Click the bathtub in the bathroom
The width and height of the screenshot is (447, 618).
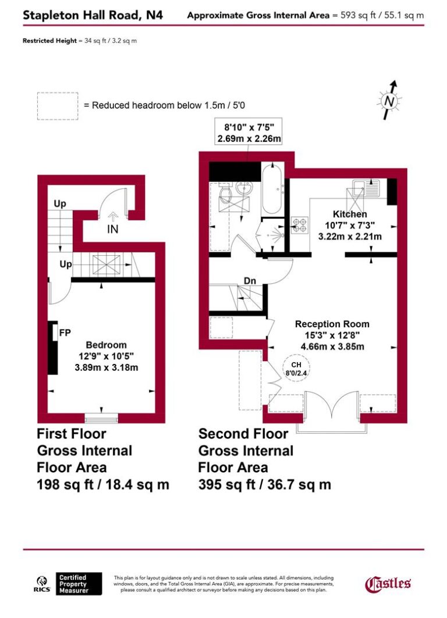click(x=271, y=190)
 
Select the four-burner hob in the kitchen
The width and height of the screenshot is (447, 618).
click(x=299, y=225)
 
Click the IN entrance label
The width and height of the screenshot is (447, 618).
click(x=112, y=229)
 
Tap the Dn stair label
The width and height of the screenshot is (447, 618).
click(x=250, y=281)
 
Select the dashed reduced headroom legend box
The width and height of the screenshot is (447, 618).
click(x=58, y=106)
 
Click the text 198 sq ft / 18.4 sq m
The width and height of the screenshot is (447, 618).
click(x=103, y=484)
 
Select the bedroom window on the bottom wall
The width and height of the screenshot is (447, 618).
click(x=102, y=417)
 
